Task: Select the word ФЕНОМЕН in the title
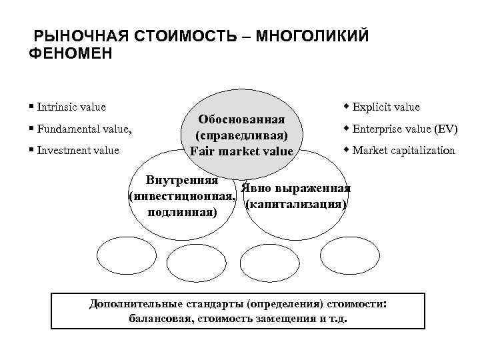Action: point(71,54)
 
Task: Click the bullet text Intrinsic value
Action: point(71,107)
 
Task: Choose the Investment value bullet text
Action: point(78,150)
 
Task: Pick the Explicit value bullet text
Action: point(386,107)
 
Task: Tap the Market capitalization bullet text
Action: point(403,150)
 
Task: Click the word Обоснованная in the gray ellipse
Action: point(241,119)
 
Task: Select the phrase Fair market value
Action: point(241,151)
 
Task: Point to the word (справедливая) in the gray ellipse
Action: point(241,135)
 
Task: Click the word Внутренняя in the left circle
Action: point(182,181)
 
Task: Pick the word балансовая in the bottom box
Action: point(159,319)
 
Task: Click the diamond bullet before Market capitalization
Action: point(347,150)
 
